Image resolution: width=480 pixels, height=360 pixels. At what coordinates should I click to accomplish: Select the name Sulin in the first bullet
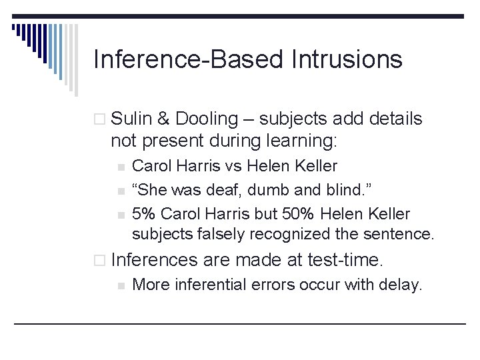pyautogui.click(x=131, y=119)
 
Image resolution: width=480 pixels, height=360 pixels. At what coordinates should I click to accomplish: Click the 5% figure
pyautogui.click(x=144, y=214)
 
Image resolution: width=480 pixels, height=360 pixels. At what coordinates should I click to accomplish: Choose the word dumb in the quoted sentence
pyautogui.click(x=273, y=190)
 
